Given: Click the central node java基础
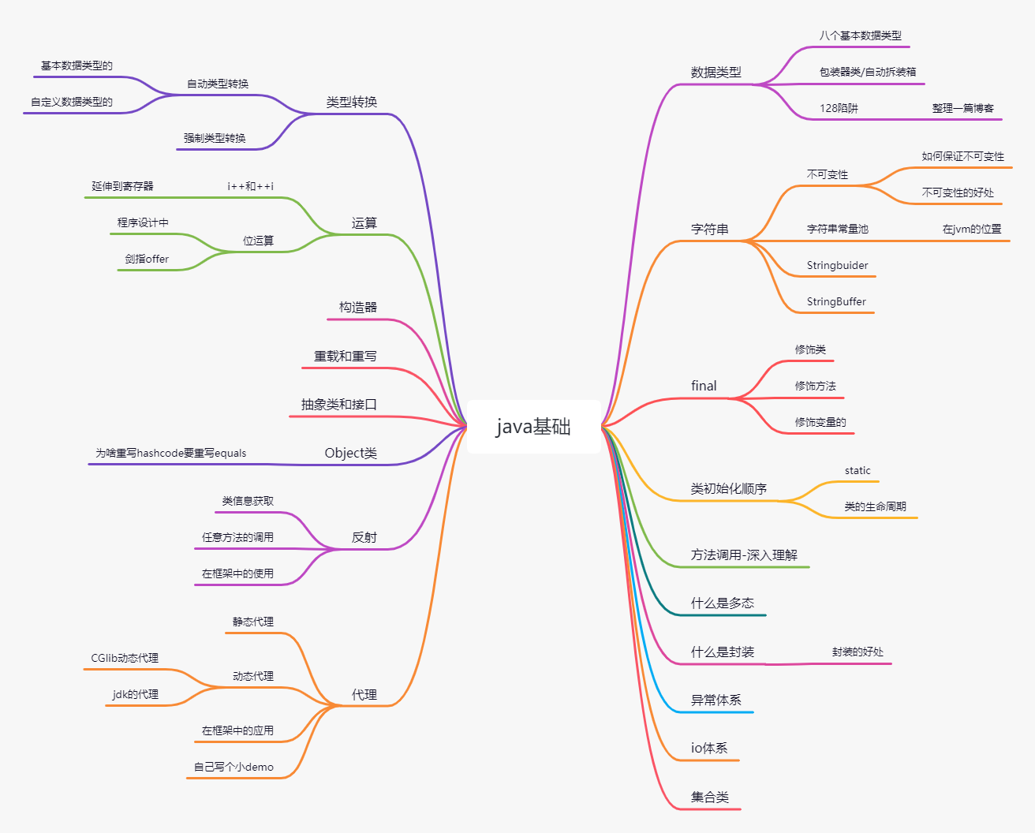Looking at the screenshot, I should (x=533, y=427).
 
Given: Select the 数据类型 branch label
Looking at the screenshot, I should (x=716, y=73).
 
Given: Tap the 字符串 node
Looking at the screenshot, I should (x=709, y=230).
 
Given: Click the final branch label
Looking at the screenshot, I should (x=704, y=386).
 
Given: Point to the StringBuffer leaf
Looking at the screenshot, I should (x=836, y=302).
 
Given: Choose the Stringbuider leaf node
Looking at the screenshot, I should (x=837, y=266).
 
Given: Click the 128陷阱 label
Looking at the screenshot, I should (x=839, y=109).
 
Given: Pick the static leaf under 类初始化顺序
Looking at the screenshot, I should (x=858, y=471).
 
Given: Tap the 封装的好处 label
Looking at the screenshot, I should (x=858, y=652).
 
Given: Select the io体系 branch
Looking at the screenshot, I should (x=709, y=749).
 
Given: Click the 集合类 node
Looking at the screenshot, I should (x=709, y=798).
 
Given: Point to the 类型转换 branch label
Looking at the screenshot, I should (x=352, y=103).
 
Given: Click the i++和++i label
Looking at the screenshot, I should (x=250, y=187).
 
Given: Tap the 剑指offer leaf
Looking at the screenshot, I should (x=147, y=260).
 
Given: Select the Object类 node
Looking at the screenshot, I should (x=350, y=454).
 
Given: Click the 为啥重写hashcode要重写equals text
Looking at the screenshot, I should (x=171, y=454).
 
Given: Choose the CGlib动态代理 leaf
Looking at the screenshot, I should (x=125, y=659).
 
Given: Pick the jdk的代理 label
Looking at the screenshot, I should (x=136, y=695).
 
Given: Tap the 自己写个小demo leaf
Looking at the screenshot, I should (x=234, y=768).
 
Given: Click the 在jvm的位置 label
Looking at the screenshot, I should (x=972, y=230).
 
